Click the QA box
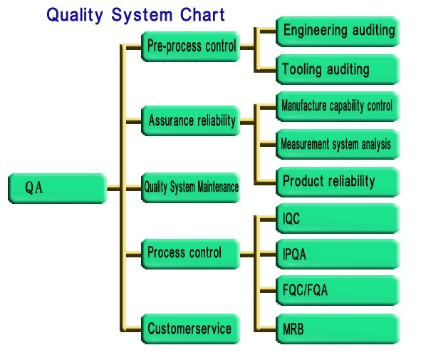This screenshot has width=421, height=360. click(58, 188)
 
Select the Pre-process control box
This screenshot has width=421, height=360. click(191, 47)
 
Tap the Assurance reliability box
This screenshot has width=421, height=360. click(191, 120)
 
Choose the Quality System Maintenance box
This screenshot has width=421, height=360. click(191, 187)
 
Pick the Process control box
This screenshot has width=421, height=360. click(191, 254)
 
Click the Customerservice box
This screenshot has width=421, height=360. click(191, 329)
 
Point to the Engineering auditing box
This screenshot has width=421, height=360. click(338, 31)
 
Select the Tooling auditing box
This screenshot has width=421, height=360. click(338, 70)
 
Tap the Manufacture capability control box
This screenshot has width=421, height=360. click(338, 107)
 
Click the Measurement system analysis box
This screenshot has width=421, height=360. click(338, 145)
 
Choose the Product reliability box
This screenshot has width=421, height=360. click(338, 182)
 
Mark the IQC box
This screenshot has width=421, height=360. click(338, 218)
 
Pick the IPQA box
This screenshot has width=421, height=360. click(338, 254)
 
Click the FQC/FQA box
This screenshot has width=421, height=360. click(338, 290)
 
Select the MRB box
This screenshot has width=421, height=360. click(338, 329)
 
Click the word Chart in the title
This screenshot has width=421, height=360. click(202, 14)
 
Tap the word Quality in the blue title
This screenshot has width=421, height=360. click(75, 15)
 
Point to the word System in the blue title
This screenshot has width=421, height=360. click(142, 15)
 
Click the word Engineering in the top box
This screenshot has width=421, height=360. click(316, 30)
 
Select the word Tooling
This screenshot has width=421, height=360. click(302, 70)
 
